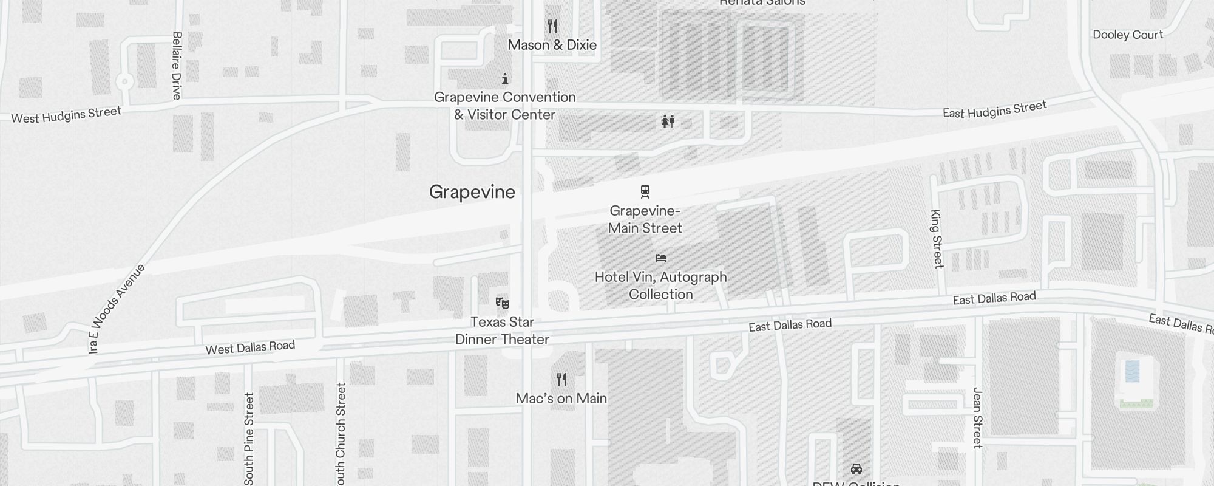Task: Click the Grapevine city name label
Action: [x=472, y=192]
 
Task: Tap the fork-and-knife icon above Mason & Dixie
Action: [x=552, y=26]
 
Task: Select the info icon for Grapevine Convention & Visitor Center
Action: [x=505, y=78]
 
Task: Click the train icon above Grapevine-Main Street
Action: [x=645, y=192]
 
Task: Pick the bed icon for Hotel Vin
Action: [x=661, y=258]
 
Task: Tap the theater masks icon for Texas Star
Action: [x=502, y=303]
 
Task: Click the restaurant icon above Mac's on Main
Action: [x=561, y=380]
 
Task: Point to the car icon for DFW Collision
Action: [x=856, y=469]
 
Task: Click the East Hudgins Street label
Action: [x=994, y=109]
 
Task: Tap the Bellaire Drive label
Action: [x=177, y=66]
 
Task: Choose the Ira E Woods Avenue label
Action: [x=116, y=309]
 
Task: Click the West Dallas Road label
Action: [x=250, y=347]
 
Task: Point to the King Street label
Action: [x=937, y=239]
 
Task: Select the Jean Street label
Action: [x=977, y=418]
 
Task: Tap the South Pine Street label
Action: [x=249, y=439]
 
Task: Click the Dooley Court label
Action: [x=1128, y=35]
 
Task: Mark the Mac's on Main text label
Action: [x=561, y=399]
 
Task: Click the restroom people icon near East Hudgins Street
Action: [x=668, y=122]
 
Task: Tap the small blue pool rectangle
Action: [x=1132, y=371]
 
